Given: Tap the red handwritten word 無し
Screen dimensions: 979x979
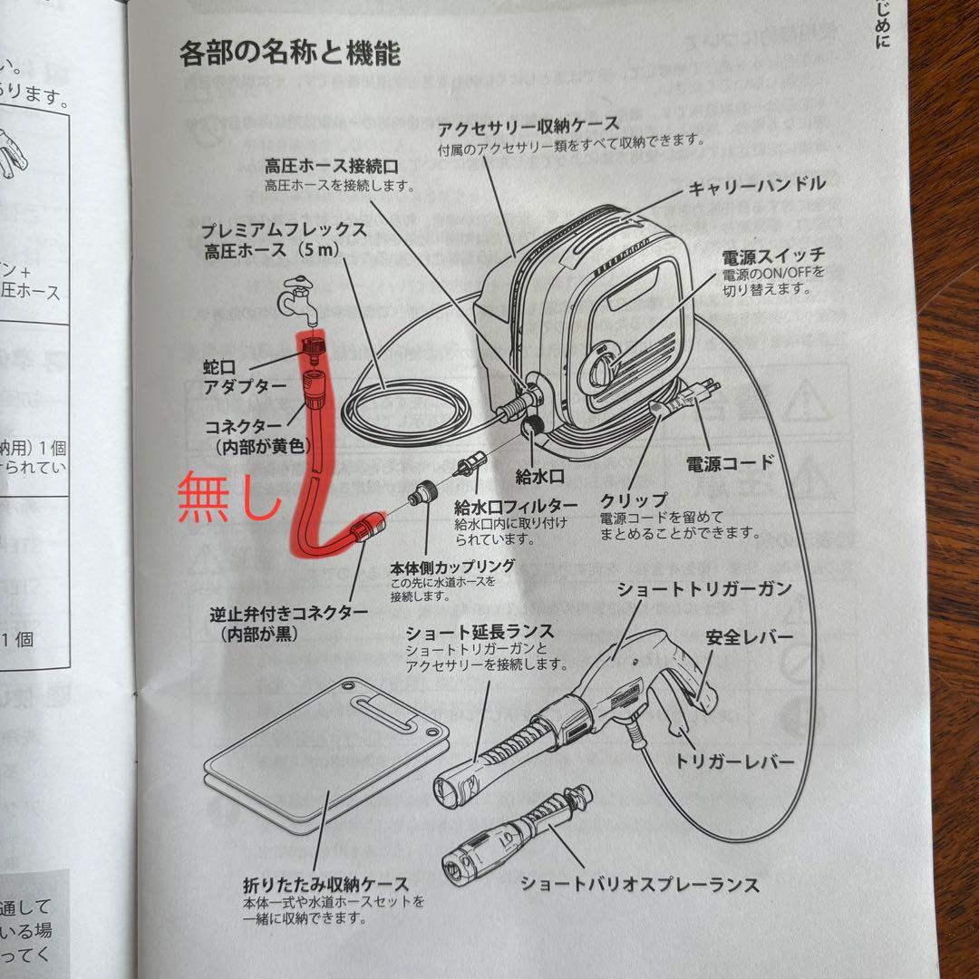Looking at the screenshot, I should tap(229, 499).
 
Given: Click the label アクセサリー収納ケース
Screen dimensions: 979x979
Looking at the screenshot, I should tap(528, 124).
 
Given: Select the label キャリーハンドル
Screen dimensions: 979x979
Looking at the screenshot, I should tap(757, 185).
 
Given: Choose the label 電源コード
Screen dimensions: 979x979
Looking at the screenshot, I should tap(731, 463).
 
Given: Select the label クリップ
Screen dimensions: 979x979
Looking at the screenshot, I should tap(634, 500).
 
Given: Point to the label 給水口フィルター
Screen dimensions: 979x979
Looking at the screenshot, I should tap(516, 505).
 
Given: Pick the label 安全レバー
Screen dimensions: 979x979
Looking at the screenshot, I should tap(749, 637).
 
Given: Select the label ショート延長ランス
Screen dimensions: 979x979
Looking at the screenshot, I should tap(480, 631).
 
